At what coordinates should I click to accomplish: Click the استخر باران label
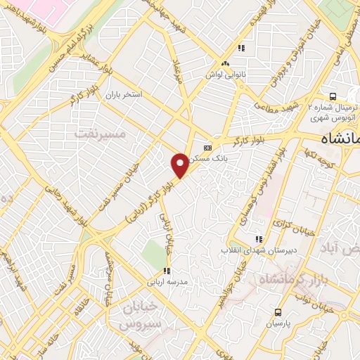coord(124,94)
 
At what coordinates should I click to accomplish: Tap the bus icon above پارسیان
coord(278,312)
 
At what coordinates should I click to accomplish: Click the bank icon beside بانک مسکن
coord(207,148)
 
